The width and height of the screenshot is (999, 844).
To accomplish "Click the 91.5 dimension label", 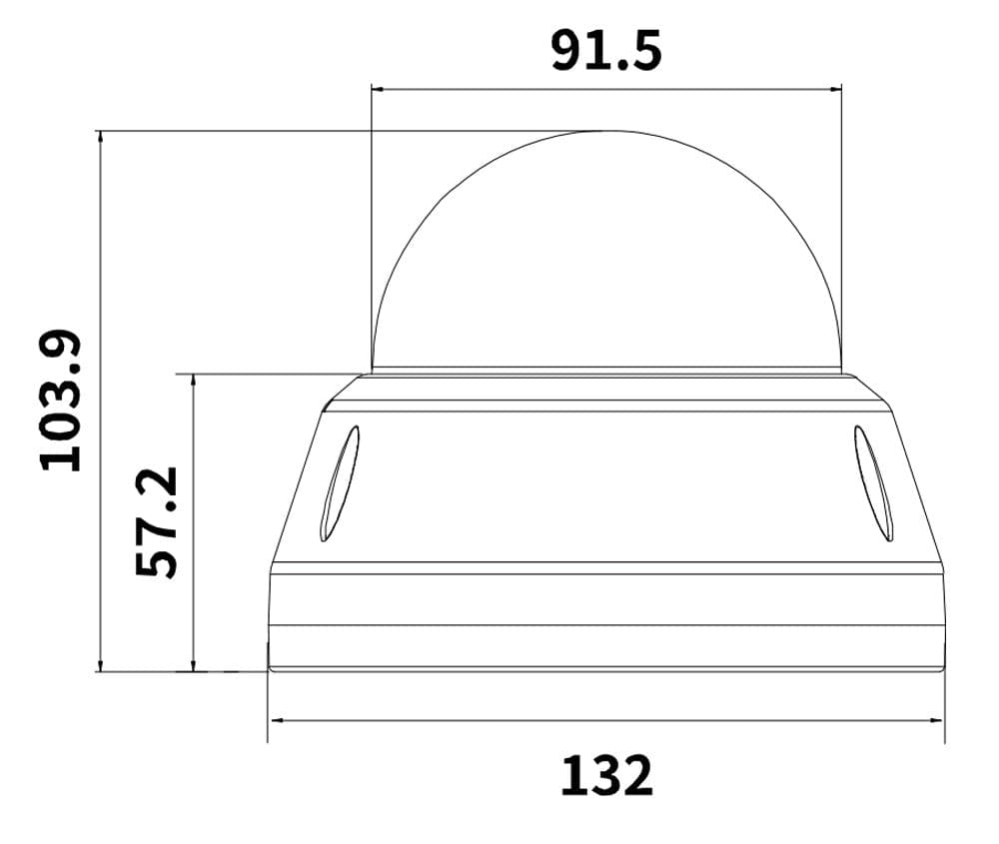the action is [x=606, y=50].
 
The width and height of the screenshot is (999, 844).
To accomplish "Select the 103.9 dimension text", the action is [x=61, y=400].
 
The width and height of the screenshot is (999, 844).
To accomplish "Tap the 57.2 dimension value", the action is [x=156, y=521].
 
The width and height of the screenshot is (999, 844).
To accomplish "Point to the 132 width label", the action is [x=607, y=775].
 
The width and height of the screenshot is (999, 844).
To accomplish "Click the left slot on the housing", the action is [x=340, y=483].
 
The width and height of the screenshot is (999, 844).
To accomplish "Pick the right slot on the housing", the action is [x=873, y=483].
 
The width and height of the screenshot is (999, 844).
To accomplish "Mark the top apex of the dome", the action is [x=606, y=131].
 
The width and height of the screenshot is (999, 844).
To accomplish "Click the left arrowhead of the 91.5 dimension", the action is [x=377, y=90].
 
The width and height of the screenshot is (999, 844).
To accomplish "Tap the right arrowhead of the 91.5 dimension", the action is [x=836, y=90].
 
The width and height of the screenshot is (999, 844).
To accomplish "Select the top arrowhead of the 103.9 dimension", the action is [x=100, y=136].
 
